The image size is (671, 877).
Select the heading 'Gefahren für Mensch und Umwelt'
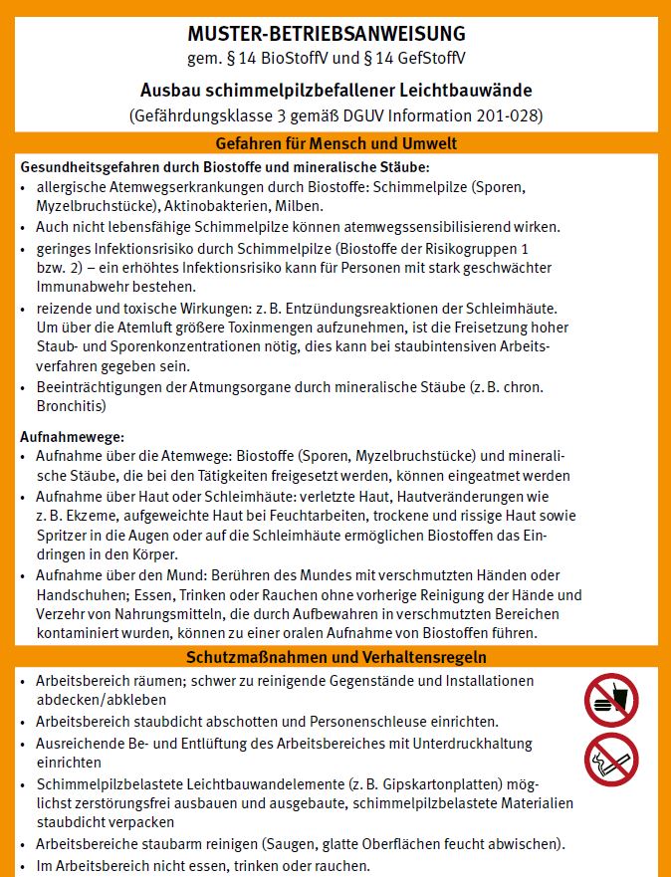click(x=335, y=143)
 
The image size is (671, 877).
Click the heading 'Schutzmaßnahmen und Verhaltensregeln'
click(x=335, y=658)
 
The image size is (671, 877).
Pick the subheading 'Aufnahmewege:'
click(x=72, y=437)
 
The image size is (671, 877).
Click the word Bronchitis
click(x=70, y=406)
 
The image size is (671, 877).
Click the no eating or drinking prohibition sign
click(x=610, y=699)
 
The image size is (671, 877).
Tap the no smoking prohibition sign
click(x=610, y=761)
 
